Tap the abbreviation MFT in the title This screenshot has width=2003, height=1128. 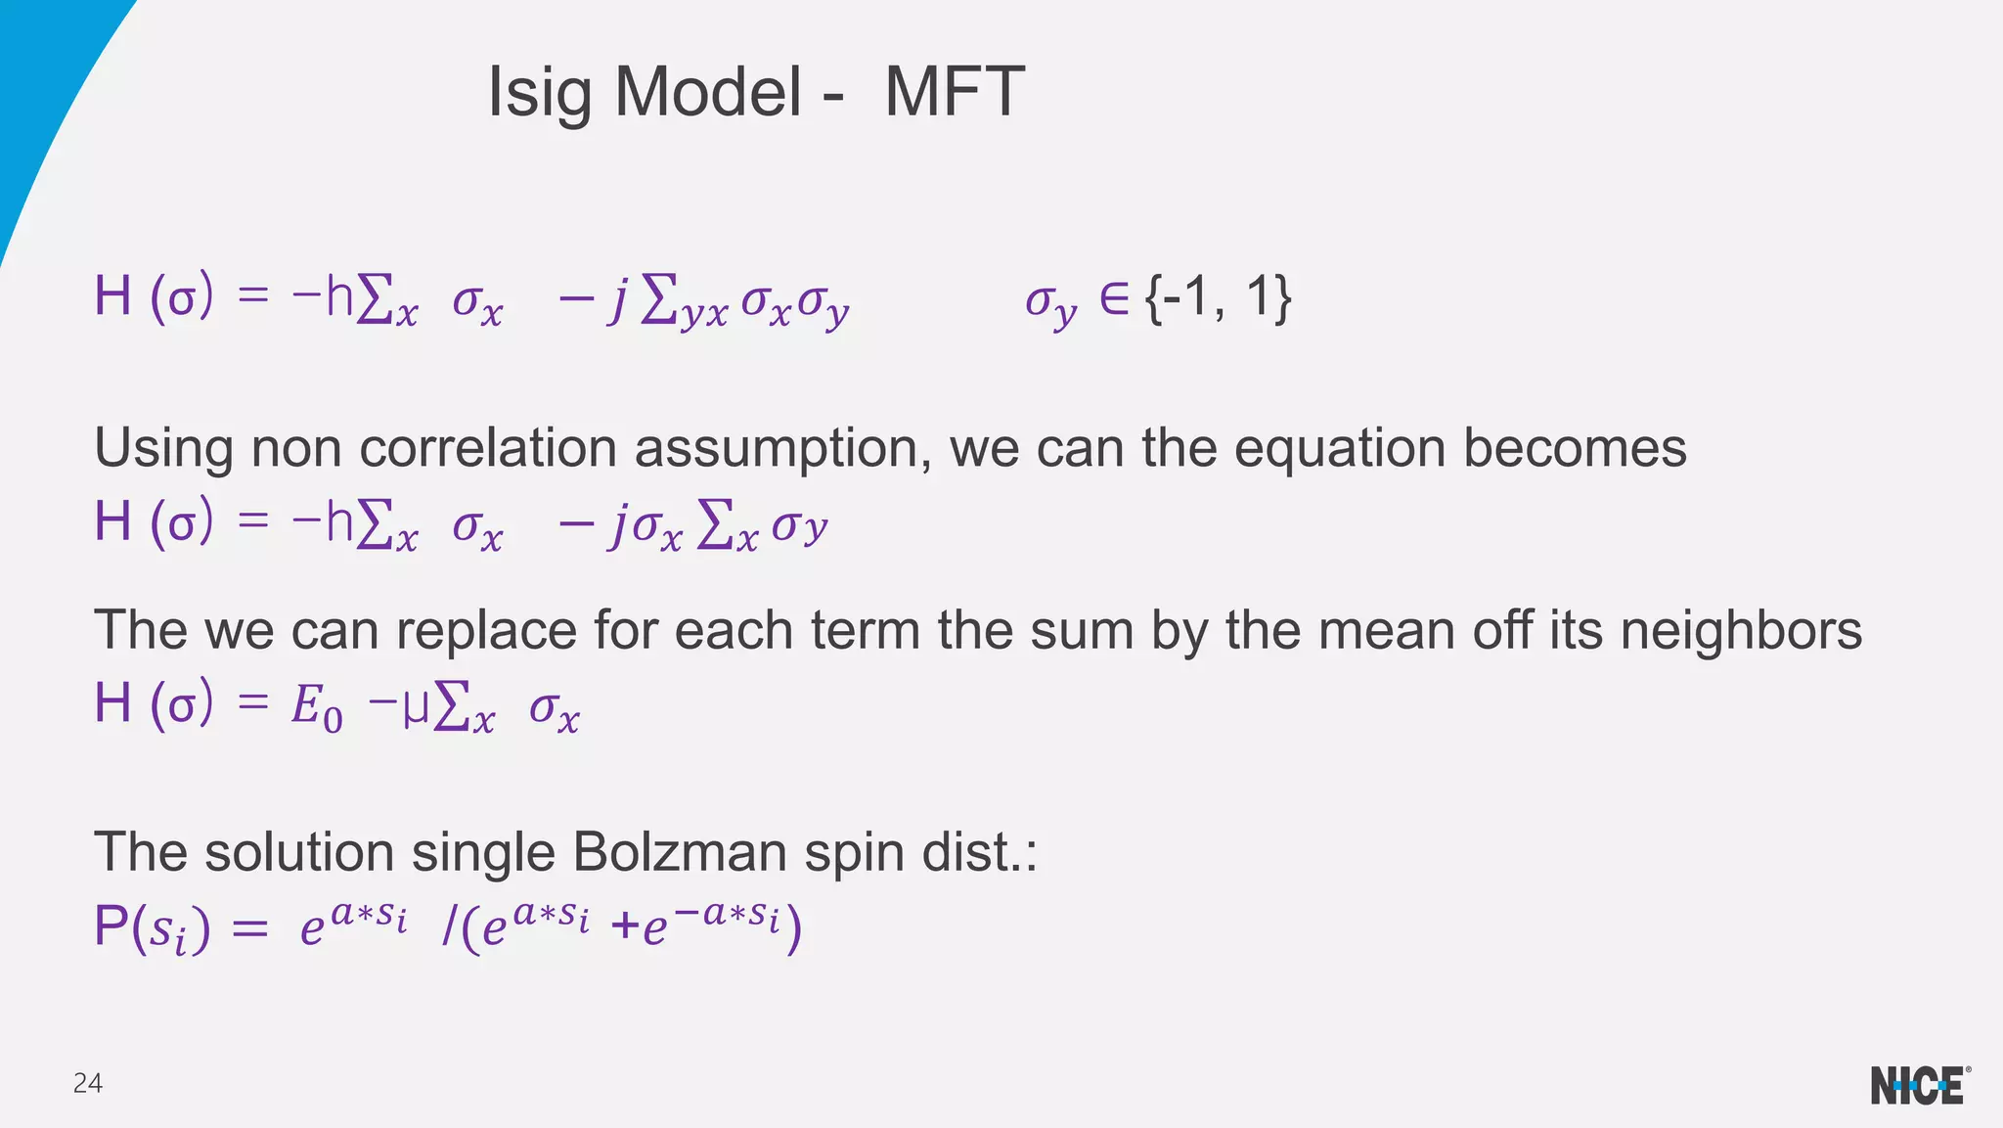coord(954,93)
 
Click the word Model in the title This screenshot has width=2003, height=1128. coord(708,93)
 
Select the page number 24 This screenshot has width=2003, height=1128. coord(88,1083)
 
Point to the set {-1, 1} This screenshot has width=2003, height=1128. coord(1219,297)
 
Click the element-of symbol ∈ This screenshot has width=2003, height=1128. coord(1113,297)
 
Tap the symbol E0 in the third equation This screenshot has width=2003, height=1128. coord(316,706)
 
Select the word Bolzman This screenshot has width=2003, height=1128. coord(679,852)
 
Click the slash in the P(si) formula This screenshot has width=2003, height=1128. coord(447,927)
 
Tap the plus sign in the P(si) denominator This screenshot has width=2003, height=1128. coord(624,927)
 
